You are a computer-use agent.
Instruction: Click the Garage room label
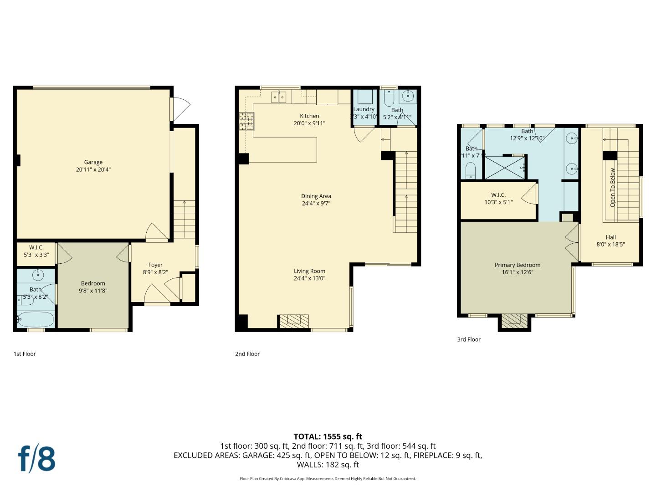point(93,162)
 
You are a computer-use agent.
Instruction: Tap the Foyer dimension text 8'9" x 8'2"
point(155,272)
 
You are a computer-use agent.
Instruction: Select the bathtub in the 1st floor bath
point(36,319)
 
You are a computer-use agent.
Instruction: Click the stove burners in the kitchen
point(246,121)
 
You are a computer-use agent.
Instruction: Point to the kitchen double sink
point(278,97)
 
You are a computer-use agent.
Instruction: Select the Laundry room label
point(364,109)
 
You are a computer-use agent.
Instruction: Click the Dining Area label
point(316,196)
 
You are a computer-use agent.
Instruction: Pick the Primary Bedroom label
point(518,265)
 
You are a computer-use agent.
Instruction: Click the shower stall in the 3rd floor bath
point(504,167)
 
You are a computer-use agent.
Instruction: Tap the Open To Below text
point(613,187)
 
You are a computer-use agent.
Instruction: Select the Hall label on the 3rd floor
point(610,237)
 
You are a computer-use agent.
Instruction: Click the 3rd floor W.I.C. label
point(498,195)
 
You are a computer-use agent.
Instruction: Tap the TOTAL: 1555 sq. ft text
point(328,436)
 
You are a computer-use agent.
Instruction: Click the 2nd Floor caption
point(247,354)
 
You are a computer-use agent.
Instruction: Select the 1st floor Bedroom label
point(93,283)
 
